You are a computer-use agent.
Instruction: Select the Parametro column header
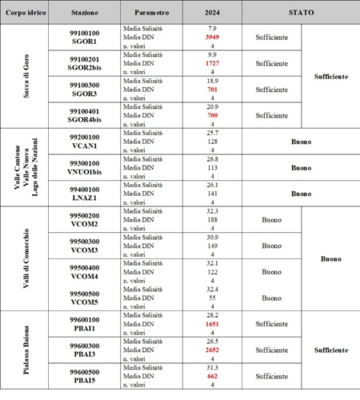coord(151,14)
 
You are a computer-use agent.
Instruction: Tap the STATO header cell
coord(300,14)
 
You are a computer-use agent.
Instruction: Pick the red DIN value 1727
coord(212,62)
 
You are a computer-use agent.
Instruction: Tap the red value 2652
coord(212,350)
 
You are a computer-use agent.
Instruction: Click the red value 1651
coord(212,324)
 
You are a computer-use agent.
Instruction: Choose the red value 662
coord(212,375)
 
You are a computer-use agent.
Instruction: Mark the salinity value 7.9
coord(212,29)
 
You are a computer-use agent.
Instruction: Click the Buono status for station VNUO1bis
coord(300,168)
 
